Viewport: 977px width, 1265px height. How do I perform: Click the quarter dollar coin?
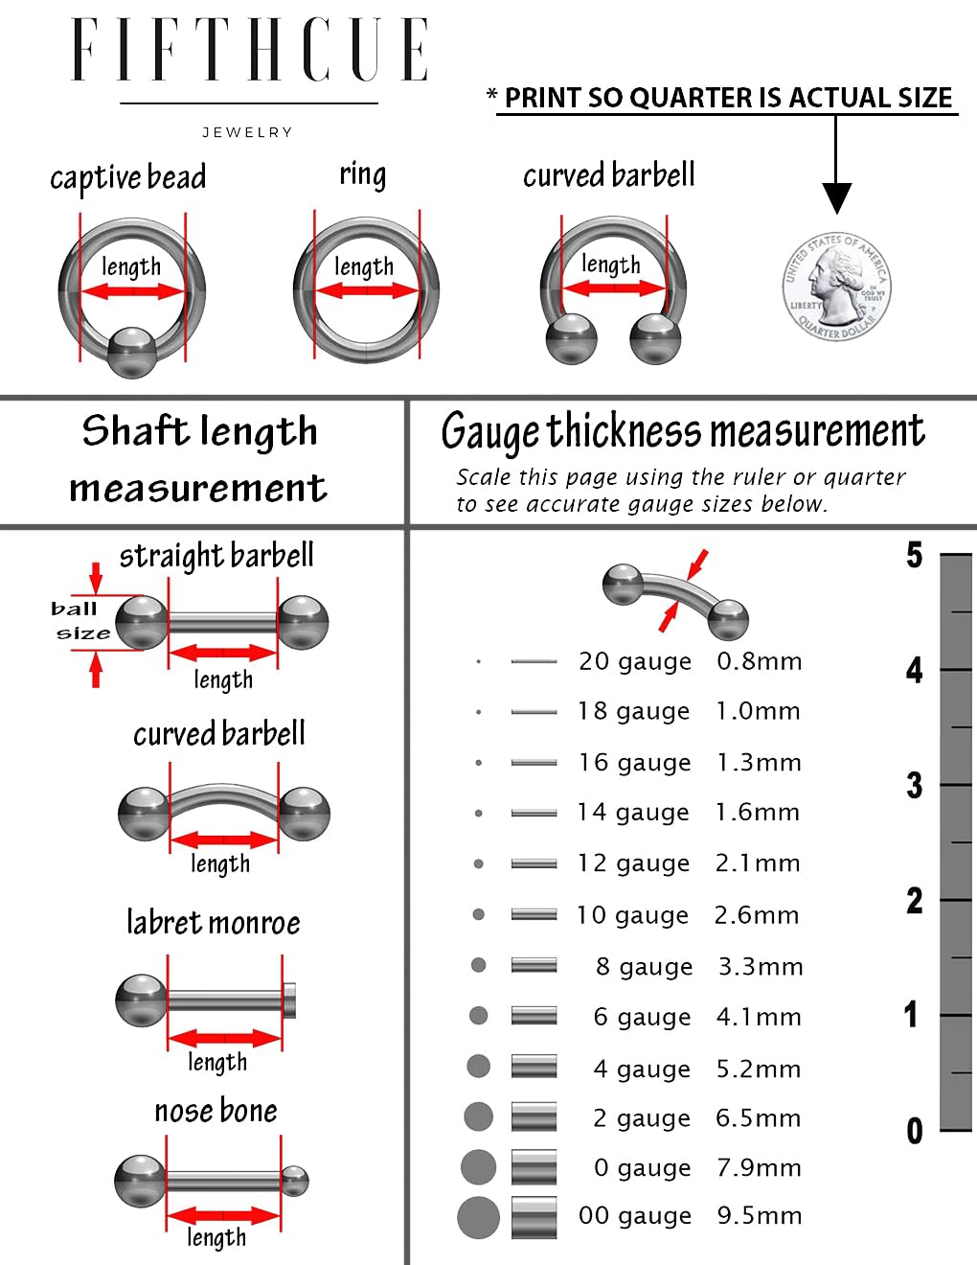(835, 287)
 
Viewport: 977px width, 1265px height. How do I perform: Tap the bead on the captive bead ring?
(132, 353)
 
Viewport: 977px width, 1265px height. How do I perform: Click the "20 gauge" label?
(635, 662)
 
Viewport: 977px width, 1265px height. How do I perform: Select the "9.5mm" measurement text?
(760, 1215)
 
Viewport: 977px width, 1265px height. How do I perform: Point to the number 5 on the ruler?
(914, 555)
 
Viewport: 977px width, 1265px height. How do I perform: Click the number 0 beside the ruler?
(915, 1131)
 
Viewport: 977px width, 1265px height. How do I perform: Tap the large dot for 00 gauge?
(478, 1217)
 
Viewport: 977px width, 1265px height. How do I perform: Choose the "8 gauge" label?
(645, 967)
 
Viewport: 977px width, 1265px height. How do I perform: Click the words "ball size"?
(80, 621)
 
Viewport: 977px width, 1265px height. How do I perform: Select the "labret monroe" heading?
(214, 923)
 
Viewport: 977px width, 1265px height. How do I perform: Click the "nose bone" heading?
(216, 1111)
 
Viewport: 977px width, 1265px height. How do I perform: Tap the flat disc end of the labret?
(290, 1000)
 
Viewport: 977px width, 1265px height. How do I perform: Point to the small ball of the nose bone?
(295, 1182)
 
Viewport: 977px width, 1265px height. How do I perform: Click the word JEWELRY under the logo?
(247, 132)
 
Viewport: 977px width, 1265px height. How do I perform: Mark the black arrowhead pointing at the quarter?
(837, 198)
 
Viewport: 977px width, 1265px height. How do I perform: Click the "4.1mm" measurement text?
(759, 1018)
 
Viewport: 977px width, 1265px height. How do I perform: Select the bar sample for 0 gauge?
(534, 1166)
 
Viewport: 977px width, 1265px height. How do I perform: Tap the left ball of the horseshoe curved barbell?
(572, 339)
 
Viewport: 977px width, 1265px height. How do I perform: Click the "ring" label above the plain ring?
(362, 174)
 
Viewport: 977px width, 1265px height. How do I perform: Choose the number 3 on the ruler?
(914, 785)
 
